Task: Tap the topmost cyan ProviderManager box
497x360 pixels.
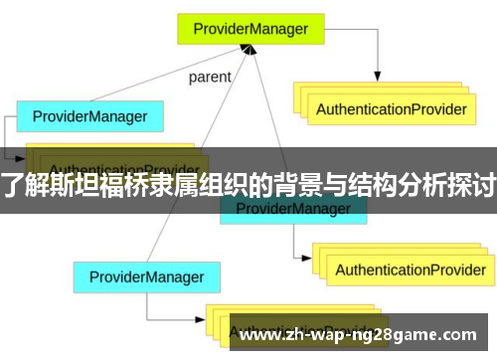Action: [x=88, y=116]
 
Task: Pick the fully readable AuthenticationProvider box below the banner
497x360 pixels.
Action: [x=410, y=270]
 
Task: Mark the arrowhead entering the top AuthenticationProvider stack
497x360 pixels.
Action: [x=377, y=77]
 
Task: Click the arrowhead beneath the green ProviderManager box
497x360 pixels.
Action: [x=261, y=51]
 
